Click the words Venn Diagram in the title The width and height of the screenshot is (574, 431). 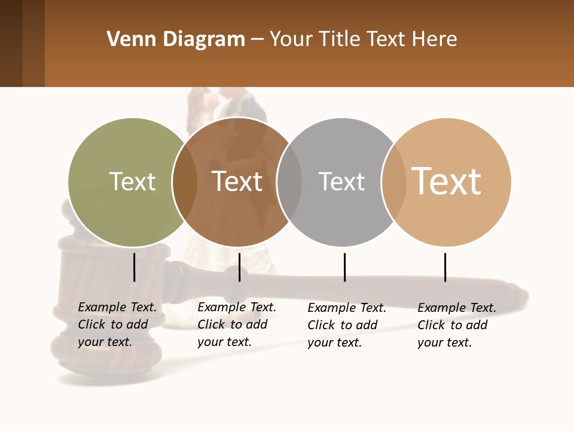(x=176, y=40)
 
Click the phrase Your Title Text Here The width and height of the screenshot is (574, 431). (x=363, y=40)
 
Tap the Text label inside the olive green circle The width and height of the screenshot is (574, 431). (x=132, y=181)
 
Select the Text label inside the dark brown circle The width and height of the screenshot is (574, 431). (x=237, y=181)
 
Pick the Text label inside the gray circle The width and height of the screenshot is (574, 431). (x=341, y=181)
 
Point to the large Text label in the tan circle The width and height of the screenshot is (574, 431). (x=446, y=181)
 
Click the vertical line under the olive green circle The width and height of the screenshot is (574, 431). (x=135, y=267)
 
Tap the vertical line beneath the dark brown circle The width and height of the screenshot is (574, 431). (x=239, y=267)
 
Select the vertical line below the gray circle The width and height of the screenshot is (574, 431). (x=344, y=267)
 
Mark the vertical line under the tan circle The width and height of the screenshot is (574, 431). (x=445, y=267)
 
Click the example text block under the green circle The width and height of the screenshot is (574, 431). (x=117, y=324)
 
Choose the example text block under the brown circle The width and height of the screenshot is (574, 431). (x=236, y=324)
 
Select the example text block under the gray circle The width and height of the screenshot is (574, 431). (x=346, y=325)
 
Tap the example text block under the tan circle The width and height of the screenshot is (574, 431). (x=456, y=325)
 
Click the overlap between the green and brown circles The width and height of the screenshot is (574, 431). (x=185, y=182)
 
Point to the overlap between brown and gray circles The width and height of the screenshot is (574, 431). (x=289, y=182)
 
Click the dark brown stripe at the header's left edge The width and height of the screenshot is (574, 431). (x=11, y=43)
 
